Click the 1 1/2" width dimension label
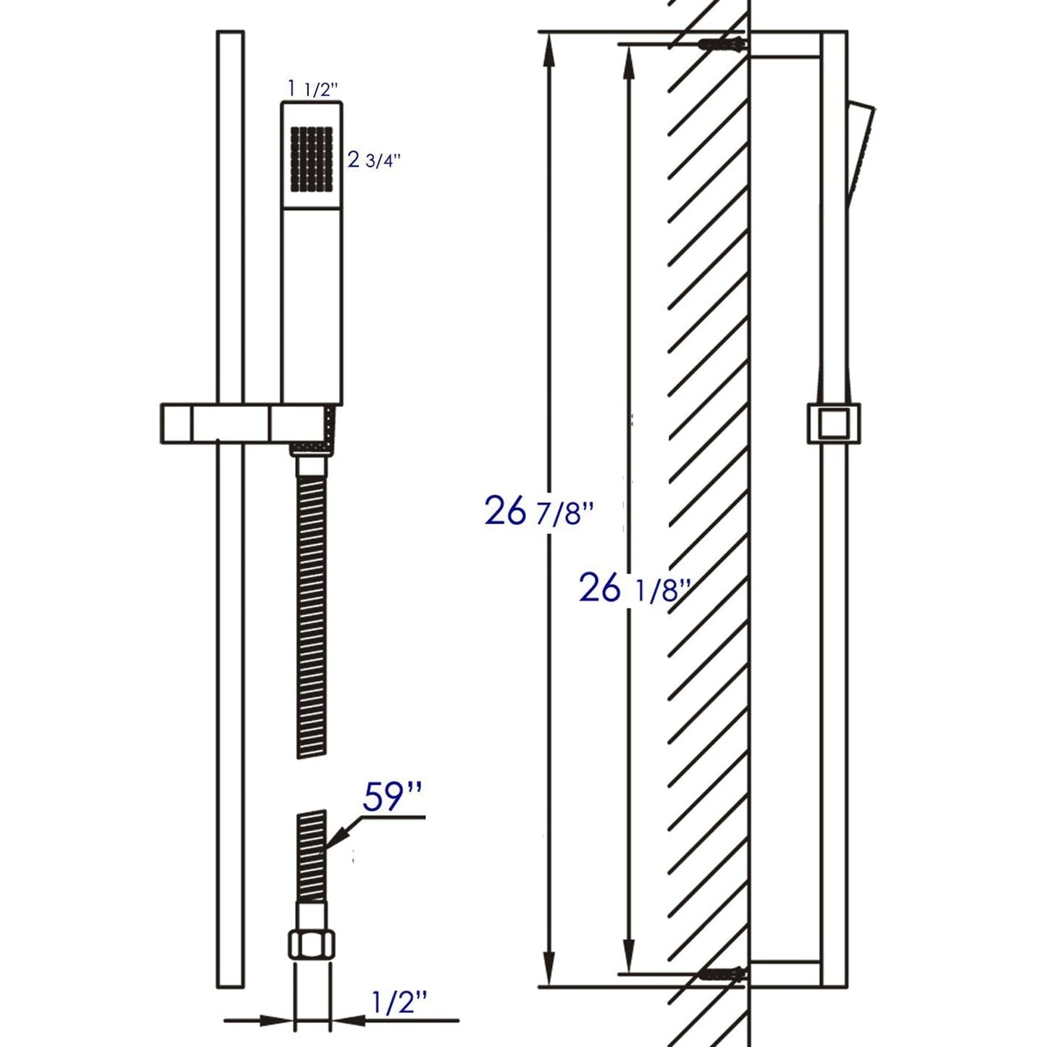[x=313, y=89]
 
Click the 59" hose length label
[x=392, y=797]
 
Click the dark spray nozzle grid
[x=312, y=159]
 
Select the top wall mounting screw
[x=721, y=45]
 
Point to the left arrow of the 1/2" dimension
[x=279, y=1022]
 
